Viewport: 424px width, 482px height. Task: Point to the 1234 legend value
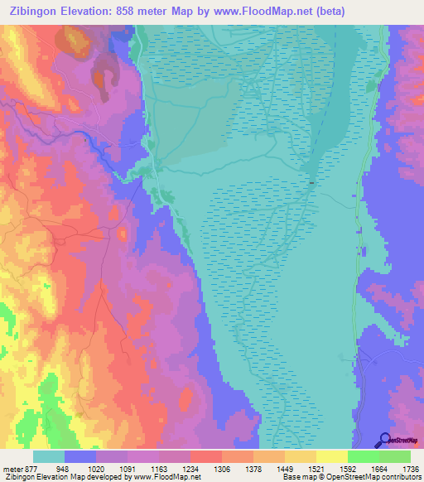click(x=191, y=468)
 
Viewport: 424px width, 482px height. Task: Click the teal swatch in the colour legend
click(x=49, y=456)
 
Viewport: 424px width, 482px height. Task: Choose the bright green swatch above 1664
click(x=363, y=456)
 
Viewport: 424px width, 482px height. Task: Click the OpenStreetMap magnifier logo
click(x=383, y=439)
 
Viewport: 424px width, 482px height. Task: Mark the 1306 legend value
click(x=223, y=468)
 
